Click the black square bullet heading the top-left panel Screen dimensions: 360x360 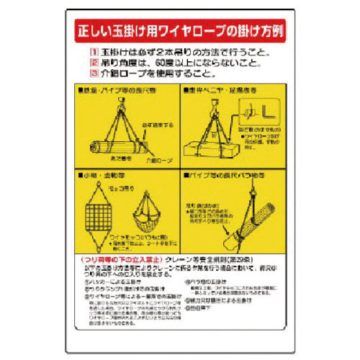79,91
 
